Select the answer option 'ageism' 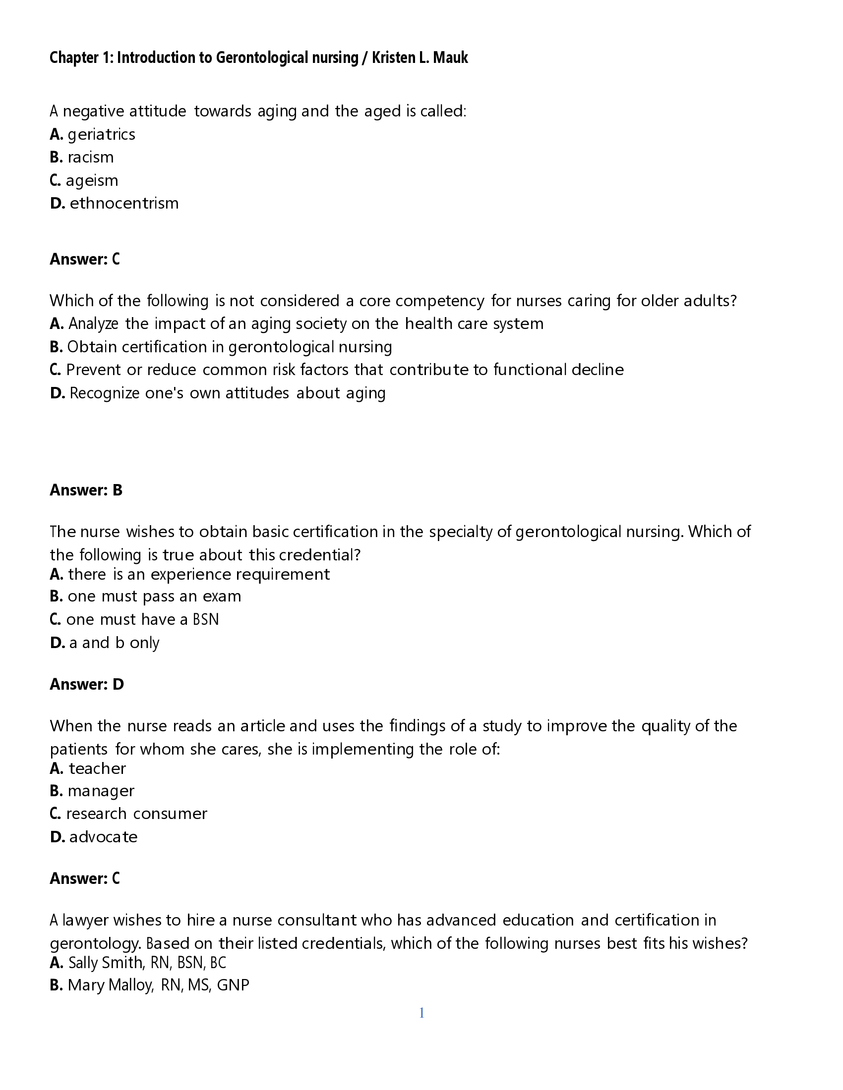(x=92, y=180)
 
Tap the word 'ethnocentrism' (x=124, y=203)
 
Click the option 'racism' (x=90, y=157)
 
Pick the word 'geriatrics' (x=101, y=134)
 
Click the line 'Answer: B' (x=86, y=490)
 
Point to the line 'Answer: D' (x=86, y=684)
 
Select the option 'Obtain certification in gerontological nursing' (x=229, y=347)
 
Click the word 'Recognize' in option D (x=104, y=393)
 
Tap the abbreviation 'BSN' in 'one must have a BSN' (x=206, y=619)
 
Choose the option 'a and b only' (x=114, y=643)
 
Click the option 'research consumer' (x=136, y=814)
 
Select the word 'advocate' (x=103, y=837)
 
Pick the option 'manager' (x=101, y=791)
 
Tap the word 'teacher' (x=97, y=768)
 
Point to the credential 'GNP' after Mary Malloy (x=233, y=985)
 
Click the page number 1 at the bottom (x=421, y=1013)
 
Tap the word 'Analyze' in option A (x=93, y=324)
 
